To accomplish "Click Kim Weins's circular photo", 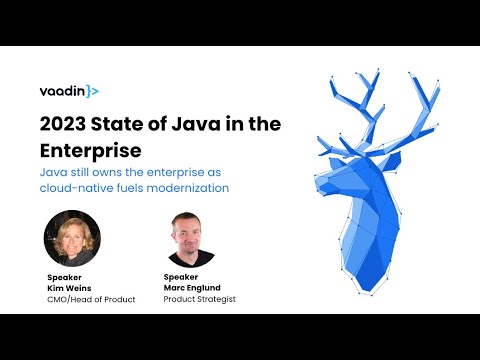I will point(72,238).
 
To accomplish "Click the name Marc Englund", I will point(190,287).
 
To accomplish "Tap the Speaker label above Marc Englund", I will point(180,277).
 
